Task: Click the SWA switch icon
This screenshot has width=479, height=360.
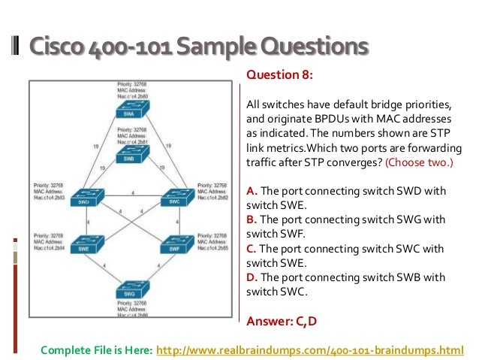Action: [132, 113]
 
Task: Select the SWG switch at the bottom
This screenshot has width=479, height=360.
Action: [132, 292]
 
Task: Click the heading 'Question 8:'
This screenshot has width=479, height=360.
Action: [279, 76]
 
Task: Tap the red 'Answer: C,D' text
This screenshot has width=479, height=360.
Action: [282, 321]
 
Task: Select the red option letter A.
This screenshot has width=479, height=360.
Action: [251, 191]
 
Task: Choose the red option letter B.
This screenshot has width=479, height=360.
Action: [251, 219]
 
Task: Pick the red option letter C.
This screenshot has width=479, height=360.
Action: [251, 248]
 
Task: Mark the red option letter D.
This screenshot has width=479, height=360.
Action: [251, 277]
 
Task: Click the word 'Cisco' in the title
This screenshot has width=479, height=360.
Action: [55, 47]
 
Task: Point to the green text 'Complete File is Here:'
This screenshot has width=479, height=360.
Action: [96, 349]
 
